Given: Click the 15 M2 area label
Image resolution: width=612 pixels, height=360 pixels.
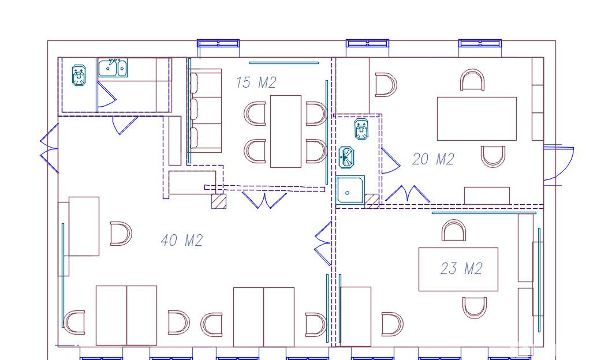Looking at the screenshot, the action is pyautogui.click(x=256, y=82).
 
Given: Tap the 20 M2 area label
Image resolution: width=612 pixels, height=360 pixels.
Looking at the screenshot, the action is pyautogui.click(x=433, y=159).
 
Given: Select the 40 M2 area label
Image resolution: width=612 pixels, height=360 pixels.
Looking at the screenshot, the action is pyautogui.click(x=182, y=240).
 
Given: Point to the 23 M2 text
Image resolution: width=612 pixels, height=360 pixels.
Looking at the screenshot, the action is pyautogui.click(x=462, y=268).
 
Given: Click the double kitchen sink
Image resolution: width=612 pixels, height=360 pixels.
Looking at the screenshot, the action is pyautogui.click(x=113, y=68).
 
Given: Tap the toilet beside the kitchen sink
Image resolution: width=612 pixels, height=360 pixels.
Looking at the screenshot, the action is pyautogui.click(x=79, y=75).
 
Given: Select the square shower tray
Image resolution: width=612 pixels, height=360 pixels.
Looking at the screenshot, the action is pyautogui.click(x=350, y=190).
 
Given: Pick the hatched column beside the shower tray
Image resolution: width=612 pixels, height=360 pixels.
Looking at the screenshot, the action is pyautogui.click(x=372, y=201).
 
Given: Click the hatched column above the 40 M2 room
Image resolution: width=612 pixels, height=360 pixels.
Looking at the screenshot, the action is pyautogui.click(x=219, y=201).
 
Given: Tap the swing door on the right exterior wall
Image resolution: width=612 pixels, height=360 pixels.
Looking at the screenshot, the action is pyautogui.click(x=558, y=163).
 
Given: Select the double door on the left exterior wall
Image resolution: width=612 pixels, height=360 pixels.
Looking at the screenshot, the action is pyautogui.click(x=49, y=149).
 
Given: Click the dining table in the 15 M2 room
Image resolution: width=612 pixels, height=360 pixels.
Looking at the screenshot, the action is pyautogui.click(x=286, y=132).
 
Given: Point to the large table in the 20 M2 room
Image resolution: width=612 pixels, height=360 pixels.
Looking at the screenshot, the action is pyautogui.click(x=476, y=119).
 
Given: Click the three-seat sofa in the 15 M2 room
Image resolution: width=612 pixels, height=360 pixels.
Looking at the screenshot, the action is pyautogui.click(x=206, y=111).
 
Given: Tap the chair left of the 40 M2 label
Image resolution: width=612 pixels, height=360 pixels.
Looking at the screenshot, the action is pyautogui.click(x=121, y=234).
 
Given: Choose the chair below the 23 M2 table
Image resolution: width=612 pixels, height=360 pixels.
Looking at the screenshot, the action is pyautogui.click(x=475, y=307).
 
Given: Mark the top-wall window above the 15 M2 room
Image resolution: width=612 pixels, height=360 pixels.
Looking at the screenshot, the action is pyautogui.click(x=218, y=43).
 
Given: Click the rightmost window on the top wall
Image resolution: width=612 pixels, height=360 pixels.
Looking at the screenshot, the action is pyautogui.click(x=480, y=43).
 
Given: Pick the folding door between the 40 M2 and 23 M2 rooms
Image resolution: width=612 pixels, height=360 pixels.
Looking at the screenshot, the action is pyautogui.click(x=323, y=244).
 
